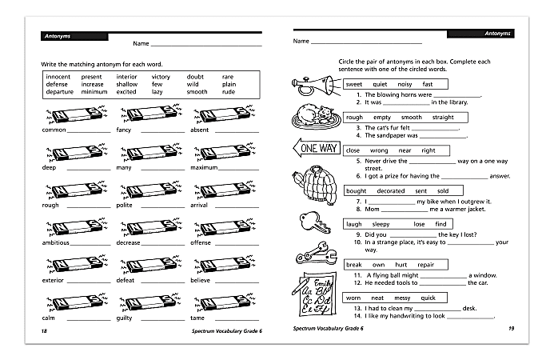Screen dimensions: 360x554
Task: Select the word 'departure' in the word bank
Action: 59,92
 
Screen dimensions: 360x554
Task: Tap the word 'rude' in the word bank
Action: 228,92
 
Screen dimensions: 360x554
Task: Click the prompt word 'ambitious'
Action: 55,242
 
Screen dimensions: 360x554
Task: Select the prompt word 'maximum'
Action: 205,168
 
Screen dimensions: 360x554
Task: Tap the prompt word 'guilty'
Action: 125,318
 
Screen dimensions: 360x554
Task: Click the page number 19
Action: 511,329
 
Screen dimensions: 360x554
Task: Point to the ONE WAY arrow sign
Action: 316,147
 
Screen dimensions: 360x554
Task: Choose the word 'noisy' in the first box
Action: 405,84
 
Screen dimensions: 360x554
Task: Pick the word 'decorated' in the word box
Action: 391,191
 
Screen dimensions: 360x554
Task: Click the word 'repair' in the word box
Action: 425,264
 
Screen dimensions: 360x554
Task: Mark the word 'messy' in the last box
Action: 402,298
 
